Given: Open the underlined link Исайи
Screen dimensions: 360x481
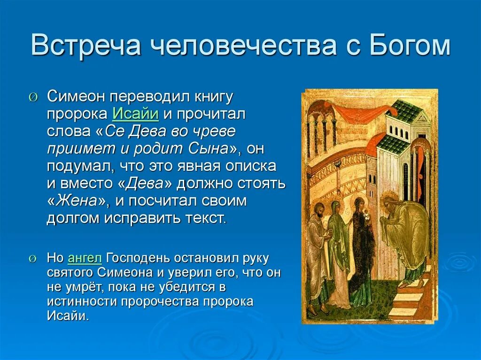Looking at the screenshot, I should [135, 113].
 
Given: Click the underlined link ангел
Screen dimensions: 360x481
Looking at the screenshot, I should [85, 258].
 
